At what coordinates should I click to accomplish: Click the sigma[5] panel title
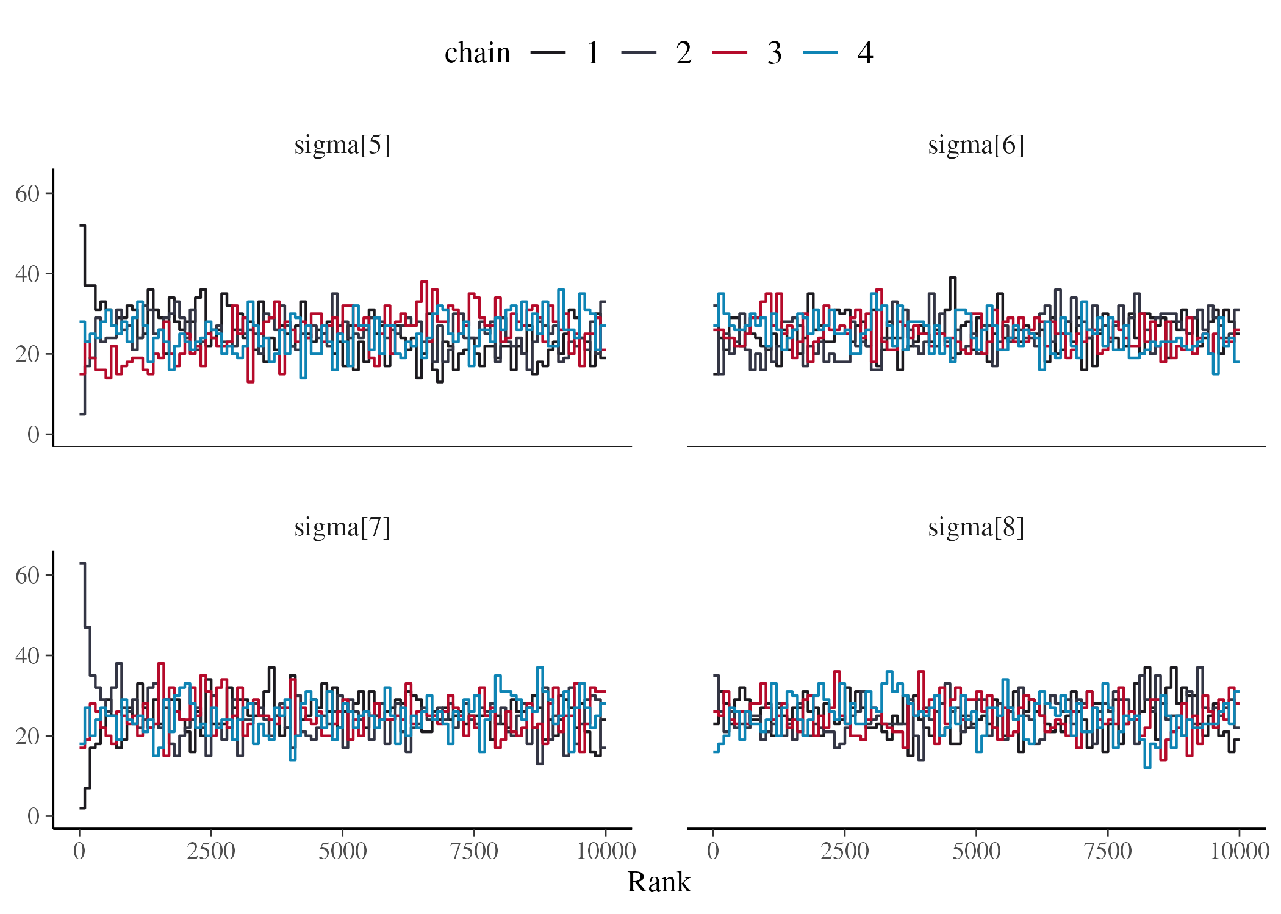(342, 146)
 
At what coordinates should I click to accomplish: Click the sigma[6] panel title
(975, 146)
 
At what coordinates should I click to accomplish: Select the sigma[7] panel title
(342, 527)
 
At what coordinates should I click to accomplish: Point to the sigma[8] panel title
(975, 527)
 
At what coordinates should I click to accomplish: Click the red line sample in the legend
(730, 53)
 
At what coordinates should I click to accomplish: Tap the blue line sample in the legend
(820, 53)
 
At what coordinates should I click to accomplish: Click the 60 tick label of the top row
(27, 194)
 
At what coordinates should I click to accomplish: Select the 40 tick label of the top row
(27, 274)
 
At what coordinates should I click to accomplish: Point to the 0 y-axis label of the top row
(33, 435)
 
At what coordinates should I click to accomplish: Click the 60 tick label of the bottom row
(27, 576)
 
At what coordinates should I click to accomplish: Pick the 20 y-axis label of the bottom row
(27, 737)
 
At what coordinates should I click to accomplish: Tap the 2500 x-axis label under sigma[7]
(210, 851)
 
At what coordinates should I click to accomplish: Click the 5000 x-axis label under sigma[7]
(342, 851)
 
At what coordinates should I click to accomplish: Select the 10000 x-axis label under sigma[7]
(605, 851)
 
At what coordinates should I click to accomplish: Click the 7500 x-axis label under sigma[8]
(1107, 851)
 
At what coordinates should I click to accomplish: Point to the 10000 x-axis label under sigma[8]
(1239, 851)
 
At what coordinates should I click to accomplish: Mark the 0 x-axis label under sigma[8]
(712, 851)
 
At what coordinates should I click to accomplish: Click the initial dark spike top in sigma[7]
(83, 563)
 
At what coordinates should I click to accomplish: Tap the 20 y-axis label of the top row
(27, 354)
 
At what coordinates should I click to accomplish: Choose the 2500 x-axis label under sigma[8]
(844, 851)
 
